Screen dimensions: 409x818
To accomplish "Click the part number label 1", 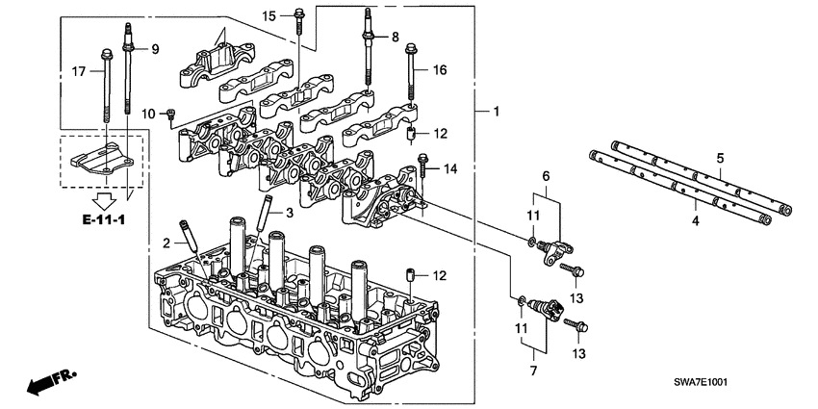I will pos(496,114).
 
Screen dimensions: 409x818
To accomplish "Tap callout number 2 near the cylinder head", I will pos(166,242).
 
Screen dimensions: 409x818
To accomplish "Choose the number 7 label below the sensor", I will pos(531,370).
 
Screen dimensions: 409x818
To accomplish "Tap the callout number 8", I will pos(395,37).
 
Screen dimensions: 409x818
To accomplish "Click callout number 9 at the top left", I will pos(155,48).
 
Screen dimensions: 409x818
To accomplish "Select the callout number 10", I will pos(149,115).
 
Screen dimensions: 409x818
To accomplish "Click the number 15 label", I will pos(269,15).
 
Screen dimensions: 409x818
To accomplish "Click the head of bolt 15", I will pos(298,13).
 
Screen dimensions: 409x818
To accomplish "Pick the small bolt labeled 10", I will pos(170,115).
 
